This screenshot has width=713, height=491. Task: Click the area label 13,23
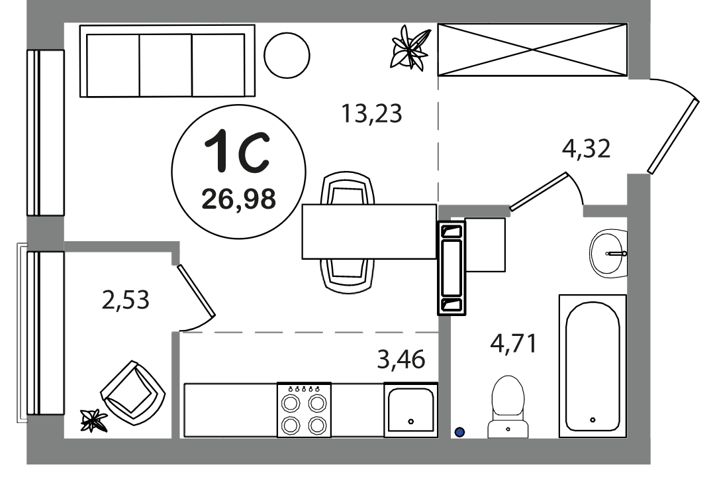[371, 113]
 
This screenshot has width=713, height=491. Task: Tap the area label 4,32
[586, 148]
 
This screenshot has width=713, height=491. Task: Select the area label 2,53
[126, 300]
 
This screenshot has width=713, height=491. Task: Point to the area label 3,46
[401, 358]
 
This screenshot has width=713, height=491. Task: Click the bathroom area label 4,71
[513, 343]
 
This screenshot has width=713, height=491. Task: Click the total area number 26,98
[239, 199]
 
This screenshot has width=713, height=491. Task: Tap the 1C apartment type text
[237, 151]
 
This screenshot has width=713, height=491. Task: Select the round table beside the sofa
[287, 56]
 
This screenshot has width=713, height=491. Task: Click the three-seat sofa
[167, 61]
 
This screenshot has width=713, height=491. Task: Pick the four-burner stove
[305, 409]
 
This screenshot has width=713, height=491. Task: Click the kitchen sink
[410, 409]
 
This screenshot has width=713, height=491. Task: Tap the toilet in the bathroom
[508, 407]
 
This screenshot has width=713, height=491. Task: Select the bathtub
[593, 366]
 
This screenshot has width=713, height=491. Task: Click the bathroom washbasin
[608, 254]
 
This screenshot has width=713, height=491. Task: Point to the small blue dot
[459, 431]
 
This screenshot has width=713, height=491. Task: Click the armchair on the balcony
[133, 392]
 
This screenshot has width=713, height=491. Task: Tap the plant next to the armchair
[93, 420]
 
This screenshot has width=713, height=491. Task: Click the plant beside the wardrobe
[410, 48]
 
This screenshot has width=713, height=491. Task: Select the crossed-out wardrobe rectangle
[532, 50]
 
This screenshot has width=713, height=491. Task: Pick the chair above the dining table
[348, 188]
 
